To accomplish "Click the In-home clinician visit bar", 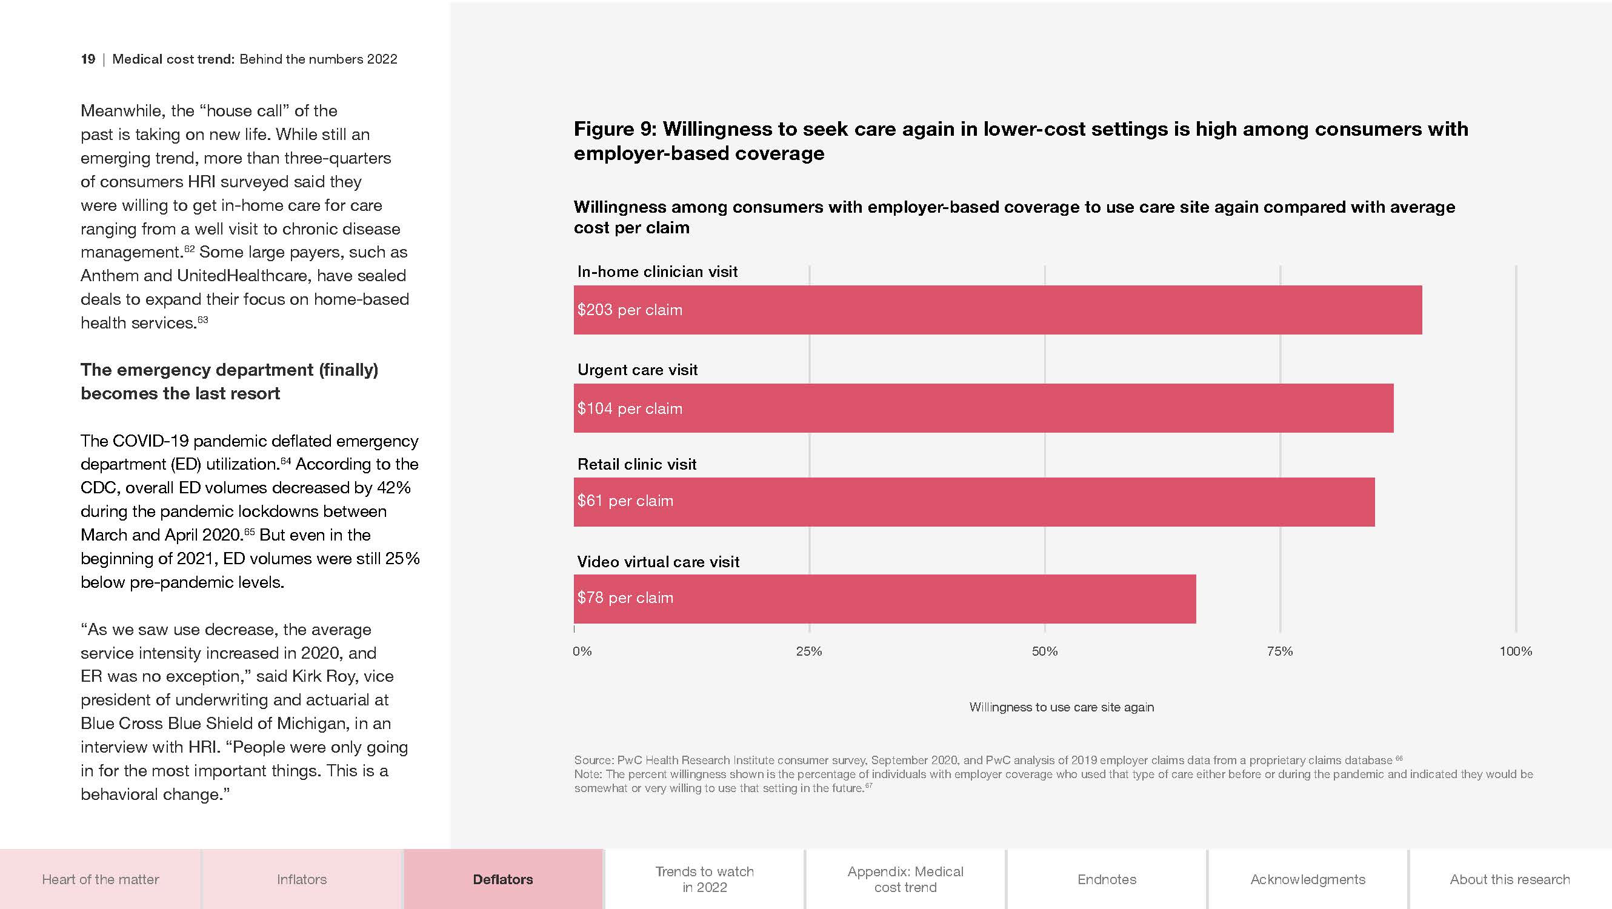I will pos(998,310).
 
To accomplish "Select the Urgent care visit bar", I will pos(983,408).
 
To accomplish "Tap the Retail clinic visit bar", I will pos(974,502).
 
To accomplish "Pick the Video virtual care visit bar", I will pos(884,599).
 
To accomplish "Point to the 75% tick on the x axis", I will pos(1280,651).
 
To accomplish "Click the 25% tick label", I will pos(808,651).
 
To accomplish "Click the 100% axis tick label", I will pos(1515,651).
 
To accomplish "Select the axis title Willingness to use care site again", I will pos(1061,707).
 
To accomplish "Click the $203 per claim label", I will pos(630,310).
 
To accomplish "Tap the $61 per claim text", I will pos(625,501).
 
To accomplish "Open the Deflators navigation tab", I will pos(502,879).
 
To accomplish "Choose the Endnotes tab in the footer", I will pos(1107,879).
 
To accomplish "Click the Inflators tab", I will pos(302,879).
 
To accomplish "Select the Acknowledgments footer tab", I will pos(1307,879).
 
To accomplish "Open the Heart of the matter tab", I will pos(100,879).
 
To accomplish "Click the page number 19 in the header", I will pos(88,59).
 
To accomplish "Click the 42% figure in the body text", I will pos(394,487).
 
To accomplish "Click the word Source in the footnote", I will pos(593,760).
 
